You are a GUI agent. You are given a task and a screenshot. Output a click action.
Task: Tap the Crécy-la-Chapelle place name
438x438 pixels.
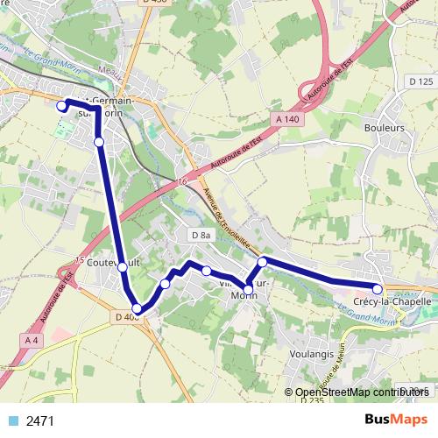(x=392, y=301)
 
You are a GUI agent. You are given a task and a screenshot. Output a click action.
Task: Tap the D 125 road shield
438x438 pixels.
(x=420, y=81)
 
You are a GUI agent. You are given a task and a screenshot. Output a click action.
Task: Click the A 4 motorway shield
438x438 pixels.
(x=32, y=339)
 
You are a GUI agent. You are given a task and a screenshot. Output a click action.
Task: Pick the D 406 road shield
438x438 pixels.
(x=127, y=316)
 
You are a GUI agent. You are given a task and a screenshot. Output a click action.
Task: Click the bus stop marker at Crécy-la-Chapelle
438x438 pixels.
(x=378, y=288)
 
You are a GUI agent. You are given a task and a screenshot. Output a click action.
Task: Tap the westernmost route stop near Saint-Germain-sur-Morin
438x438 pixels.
(x=61, y=107)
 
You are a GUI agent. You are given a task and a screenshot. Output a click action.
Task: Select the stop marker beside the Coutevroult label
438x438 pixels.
(x=123, y=266)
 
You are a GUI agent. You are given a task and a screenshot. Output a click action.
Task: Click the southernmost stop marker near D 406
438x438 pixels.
(x=137, y=308)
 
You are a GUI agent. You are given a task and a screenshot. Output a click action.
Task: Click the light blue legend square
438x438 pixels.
(x=11, y=420)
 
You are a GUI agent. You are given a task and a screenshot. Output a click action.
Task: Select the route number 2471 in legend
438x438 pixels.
(x=41, y=420)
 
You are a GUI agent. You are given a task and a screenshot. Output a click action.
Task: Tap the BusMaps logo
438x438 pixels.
(x=395, y=420)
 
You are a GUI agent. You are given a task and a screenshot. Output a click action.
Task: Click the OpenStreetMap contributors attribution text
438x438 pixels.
(x=356, y=392)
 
